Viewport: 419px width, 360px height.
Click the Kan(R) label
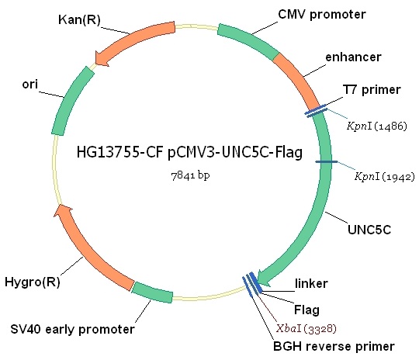[x=79, y=20]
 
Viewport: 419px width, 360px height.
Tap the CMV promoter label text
[x=322, y=15]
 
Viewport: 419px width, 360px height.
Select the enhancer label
[x=353, y=57]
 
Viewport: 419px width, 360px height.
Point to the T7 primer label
[x=372, y=90]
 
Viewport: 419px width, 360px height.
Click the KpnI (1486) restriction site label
[x=377, y=126]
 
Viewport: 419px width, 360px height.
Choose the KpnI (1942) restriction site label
[x=385, y=176]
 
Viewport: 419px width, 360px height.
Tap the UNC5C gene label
[x=369, y=230]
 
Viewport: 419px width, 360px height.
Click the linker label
[x=311, y=283]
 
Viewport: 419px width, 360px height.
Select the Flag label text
[x=306, y=310]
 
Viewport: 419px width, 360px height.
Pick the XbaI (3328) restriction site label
[x=306, y=328]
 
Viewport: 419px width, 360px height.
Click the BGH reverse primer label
[x=334, y=347]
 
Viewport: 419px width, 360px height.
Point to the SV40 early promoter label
[x=72, y=330]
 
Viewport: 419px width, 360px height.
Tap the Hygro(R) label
[x=33, y=282]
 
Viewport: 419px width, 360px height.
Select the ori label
[x=30, y=85]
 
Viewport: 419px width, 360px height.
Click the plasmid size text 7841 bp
[x=190, y=175]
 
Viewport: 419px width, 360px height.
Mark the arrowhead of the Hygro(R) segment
[x=62, y=211]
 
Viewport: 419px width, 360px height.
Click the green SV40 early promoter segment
[x=152, y=292]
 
